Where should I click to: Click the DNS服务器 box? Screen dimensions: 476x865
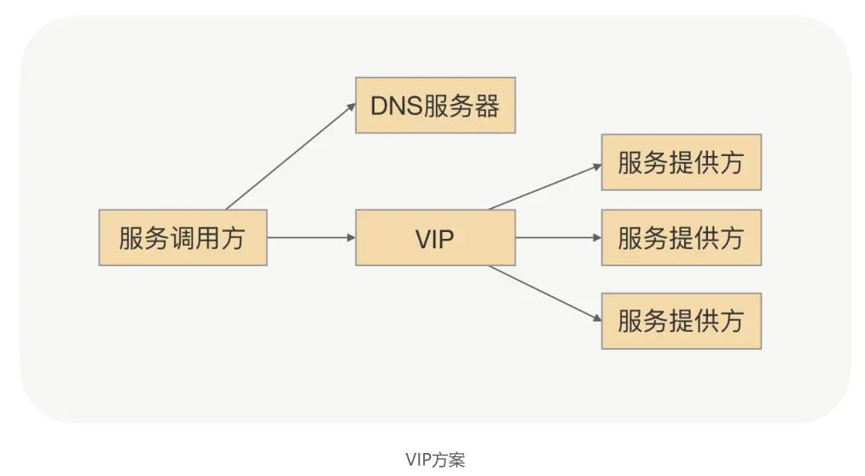point(435,106)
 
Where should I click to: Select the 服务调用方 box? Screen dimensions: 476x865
point(183,237)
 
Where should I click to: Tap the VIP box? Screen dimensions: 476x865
point(435,237)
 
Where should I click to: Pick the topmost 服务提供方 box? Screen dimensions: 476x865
point(681,162)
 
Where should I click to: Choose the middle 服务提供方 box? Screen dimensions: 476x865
point(681,237)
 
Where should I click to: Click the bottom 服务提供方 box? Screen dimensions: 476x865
point(681,321)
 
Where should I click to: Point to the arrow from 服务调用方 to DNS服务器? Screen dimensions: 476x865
point(290,157)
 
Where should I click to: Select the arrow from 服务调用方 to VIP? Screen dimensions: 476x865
point(311,237)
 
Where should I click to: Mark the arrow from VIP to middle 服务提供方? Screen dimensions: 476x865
point(558,237)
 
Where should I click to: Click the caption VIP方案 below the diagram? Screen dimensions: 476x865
point(435,459)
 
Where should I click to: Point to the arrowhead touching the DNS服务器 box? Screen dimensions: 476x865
point(351,107)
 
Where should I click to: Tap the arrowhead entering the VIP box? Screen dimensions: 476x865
point(350,237)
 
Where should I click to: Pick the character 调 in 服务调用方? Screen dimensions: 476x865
point(182,237)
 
